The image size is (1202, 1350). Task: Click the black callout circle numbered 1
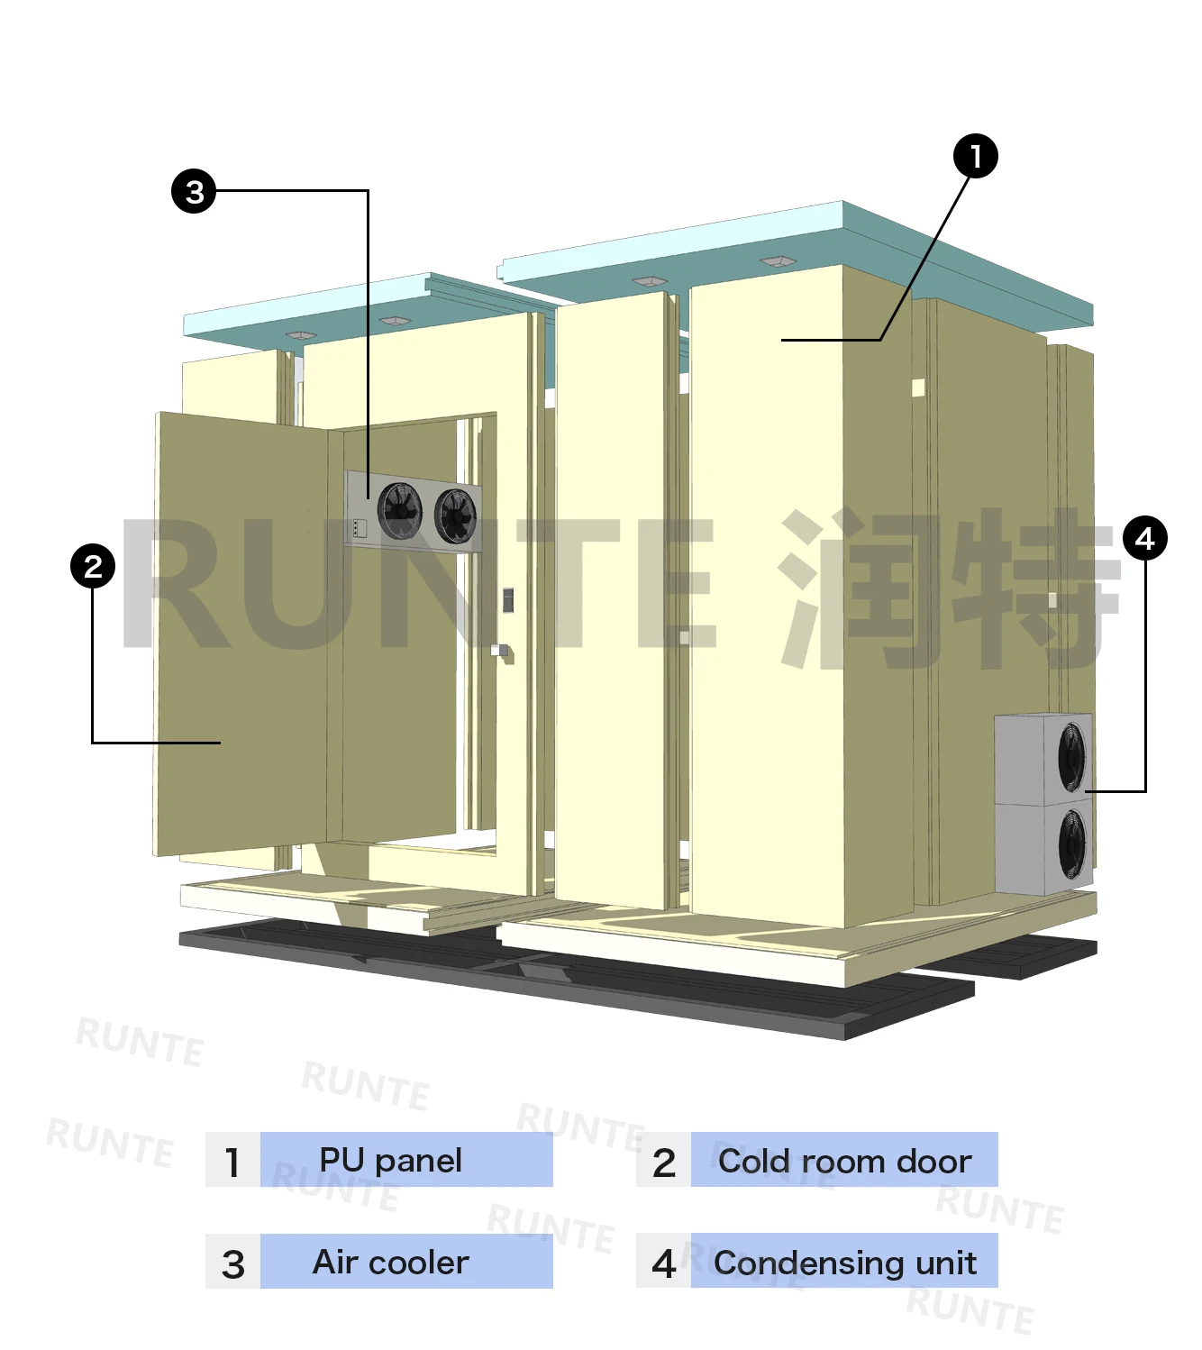[975, 157]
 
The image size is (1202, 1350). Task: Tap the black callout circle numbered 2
[93, 567]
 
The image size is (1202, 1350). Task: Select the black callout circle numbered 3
[194, 191]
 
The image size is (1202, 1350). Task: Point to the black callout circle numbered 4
[1145, 539]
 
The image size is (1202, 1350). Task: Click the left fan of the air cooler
[399, 510]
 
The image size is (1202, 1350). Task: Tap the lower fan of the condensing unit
[1072, 844]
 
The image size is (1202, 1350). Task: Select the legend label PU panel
[390, 1160]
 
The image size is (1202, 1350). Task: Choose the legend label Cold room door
[844, 1161]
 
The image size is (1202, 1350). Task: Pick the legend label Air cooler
[390, 1262]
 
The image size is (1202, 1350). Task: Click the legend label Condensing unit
[844, 1263]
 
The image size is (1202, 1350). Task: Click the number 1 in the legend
[232, 1162]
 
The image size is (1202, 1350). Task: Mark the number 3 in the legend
[232, 1263]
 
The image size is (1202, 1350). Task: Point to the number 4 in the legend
[663, 1263]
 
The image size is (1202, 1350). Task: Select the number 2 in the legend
[663, 1162]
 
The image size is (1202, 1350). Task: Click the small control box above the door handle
[508, 599]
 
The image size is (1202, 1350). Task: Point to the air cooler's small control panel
[360, 528]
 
